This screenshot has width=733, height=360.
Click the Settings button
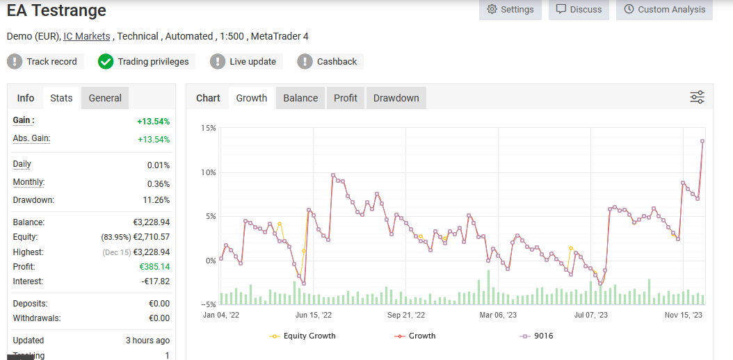[510, 10]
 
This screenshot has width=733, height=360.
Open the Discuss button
[579, 10]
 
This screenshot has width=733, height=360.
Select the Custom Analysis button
[664, 10]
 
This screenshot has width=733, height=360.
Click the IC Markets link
[86, 36]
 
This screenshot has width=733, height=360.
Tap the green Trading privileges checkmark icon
[106, 62]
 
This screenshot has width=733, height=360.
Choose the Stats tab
[61, 98]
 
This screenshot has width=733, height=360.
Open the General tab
[105, 98]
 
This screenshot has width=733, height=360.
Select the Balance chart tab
[300, 98]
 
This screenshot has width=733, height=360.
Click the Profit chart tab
[346, 98]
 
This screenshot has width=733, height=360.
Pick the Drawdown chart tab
[396, 98]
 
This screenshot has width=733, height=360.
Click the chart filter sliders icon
[697, 97]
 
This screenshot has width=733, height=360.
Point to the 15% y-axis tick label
[208, 128]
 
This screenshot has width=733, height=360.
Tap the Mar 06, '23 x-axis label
[498, 315]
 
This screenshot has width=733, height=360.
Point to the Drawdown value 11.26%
[155, 200]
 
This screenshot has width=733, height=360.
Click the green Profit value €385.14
[154, 267]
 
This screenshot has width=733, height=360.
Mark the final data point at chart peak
[702, 141]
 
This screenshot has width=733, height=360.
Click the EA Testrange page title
[57, 11]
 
